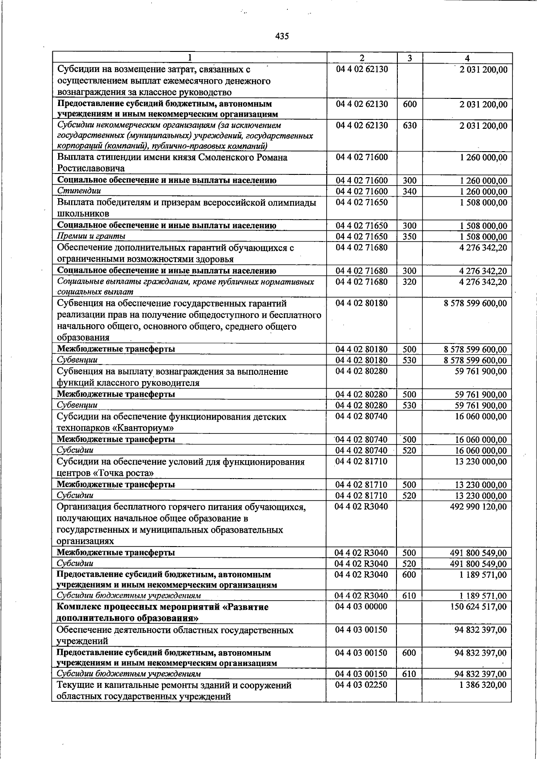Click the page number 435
point(282,36)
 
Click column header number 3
point(409,58)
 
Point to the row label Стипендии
point(79,191)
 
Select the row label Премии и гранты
point(91,236)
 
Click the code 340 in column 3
point(409,191)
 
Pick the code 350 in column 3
point(409,237)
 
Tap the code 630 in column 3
point(409,126)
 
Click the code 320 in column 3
point(409,282)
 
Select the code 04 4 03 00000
point(362,607)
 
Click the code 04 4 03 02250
point(362,685)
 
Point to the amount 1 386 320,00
point(483,685)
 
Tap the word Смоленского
point(226,157)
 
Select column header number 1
point(190,58)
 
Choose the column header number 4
point(467,58)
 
